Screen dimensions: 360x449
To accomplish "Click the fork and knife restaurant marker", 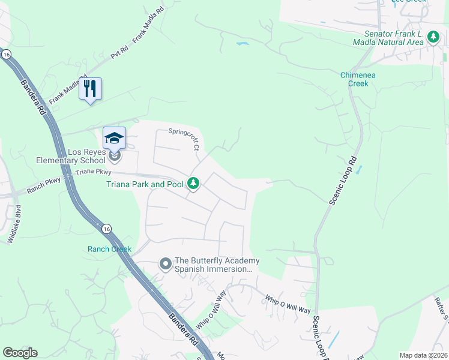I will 90,89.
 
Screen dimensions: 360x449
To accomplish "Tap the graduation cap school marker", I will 114,139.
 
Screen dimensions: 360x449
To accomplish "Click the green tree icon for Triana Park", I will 193,184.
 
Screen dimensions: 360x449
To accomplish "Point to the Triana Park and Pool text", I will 145,184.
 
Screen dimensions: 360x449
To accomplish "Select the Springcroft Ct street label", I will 183,137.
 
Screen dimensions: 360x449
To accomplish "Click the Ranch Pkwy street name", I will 44,185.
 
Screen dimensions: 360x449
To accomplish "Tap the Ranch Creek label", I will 109,249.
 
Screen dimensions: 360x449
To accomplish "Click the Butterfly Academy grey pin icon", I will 164,263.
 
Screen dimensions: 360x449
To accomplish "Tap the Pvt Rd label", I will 120,52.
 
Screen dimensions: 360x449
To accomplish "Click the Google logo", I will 20,353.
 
